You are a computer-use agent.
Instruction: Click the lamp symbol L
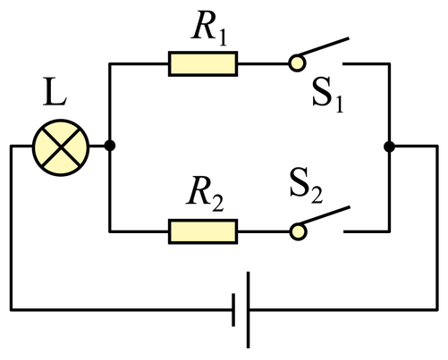(x=61, y=147)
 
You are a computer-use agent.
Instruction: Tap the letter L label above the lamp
(x=55, y=91)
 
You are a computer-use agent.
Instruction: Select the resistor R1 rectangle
(x=203, y=63)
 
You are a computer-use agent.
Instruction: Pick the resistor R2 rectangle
(x=203, y=231)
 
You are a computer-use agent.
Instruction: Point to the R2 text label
(x=205, y=195)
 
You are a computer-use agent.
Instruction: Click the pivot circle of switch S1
(x=297, y=63)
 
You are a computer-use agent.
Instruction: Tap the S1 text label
(x=327, y=95)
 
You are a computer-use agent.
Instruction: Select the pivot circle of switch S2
(x=298, y=231)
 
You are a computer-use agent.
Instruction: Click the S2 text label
(x=306, y=185)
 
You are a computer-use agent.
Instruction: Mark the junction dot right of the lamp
(x=110, y=146)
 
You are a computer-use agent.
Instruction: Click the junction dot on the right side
(x=389, y=147)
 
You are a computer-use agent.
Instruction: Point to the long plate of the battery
(x=248, y=310)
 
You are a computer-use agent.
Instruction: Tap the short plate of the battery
(x=233, y=310)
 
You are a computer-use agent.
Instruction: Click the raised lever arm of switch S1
(x=323, y=47)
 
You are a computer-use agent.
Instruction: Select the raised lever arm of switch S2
(x=325, y=215)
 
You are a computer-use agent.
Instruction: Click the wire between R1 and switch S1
(x=263, y=63)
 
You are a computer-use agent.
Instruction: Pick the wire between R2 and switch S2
(x=264, y=231)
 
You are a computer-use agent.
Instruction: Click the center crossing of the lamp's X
(x=61, y=147)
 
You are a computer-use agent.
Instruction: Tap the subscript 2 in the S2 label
(x=317, y=196)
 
